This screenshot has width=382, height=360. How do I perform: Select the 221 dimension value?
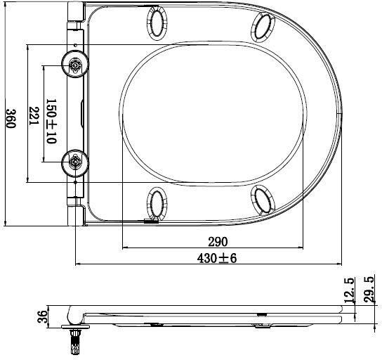coord(32,114)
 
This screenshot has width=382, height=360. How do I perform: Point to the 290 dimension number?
coord(218,241)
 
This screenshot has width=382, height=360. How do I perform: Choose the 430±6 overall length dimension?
coord(217,258)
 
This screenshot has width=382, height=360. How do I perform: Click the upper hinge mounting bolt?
coord(75,65)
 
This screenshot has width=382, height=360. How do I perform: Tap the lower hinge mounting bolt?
coord(75,162)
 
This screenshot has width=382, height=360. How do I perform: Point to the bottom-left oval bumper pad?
coord(157,202)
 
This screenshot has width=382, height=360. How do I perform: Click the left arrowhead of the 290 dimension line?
coord(126,248)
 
